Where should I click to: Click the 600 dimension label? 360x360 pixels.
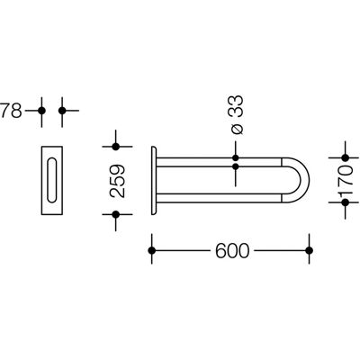tap(232, 250)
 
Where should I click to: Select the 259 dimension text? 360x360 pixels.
tap(117, 181)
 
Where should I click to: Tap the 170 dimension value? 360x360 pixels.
tap(345, 180)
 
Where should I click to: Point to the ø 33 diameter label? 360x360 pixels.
tap(236, 115)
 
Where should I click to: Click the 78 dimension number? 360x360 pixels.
tap(11, 111)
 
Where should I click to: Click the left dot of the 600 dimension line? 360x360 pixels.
tap(152, 250)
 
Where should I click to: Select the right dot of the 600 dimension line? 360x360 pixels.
tap(310, 250)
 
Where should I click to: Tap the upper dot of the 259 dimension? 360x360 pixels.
tap(116, 147)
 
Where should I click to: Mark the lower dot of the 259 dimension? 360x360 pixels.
tap(116, 214)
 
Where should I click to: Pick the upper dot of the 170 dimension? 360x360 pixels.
tap(346, 157)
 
